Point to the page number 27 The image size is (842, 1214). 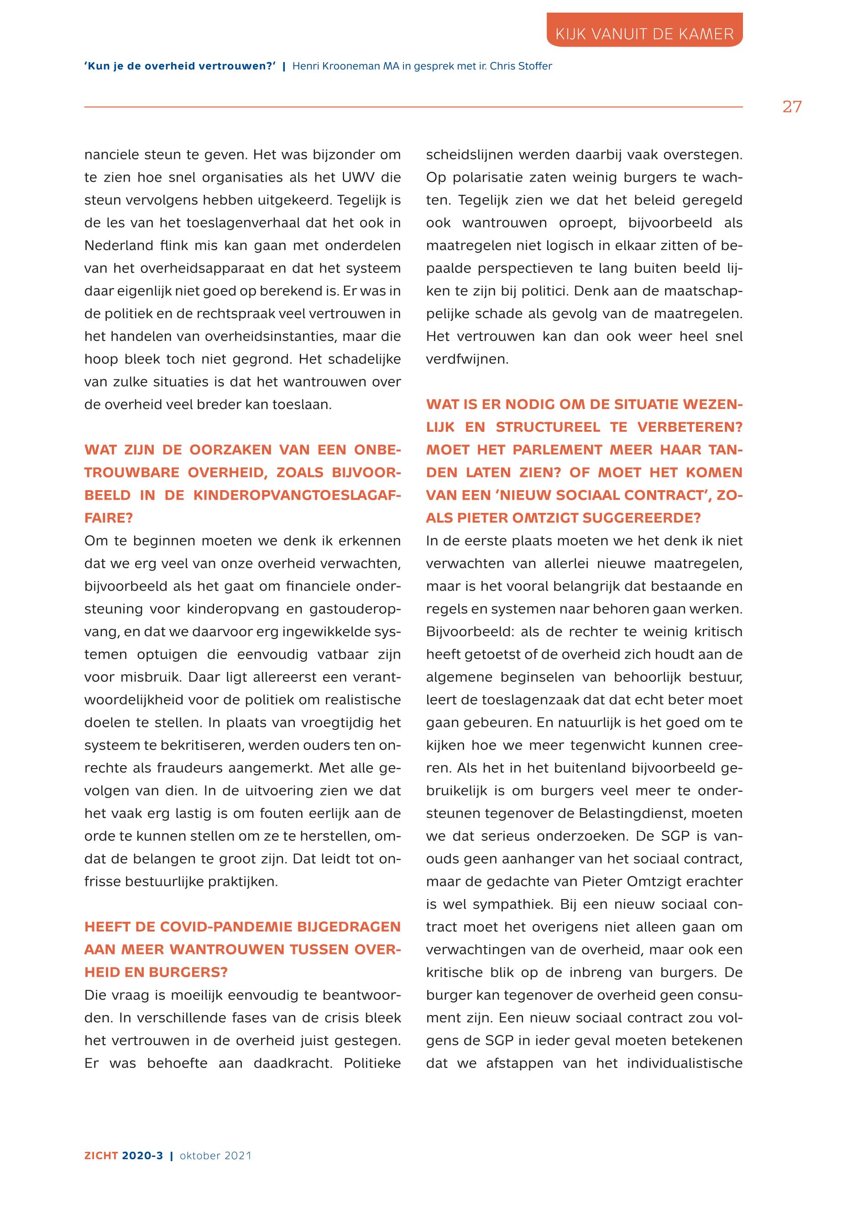click(x=792, y=107)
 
